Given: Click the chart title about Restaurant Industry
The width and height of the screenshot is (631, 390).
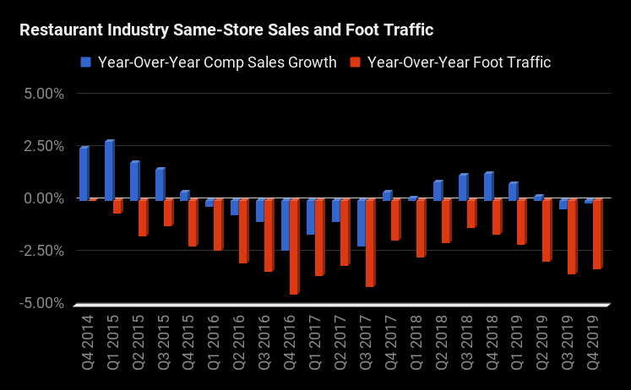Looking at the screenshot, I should pos(226,31).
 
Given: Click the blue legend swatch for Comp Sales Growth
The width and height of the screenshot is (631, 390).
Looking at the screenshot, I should pos(86,62).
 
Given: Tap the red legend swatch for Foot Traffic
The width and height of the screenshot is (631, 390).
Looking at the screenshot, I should pos(356,62).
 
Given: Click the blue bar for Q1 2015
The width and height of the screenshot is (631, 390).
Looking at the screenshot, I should pos(109,171).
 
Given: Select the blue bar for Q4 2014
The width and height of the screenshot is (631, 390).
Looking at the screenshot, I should pos(84,174).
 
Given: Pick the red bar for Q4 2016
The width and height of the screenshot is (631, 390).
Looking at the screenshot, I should pos(294,246).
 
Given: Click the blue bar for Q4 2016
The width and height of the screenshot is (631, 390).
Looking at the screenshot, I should pos(286,225).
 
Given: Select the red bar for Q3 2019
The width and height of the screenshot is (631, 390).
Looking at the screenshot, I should pos(572,237).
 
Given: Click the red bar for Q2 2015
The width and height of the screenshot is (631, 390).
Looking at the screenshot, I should pos(143,218).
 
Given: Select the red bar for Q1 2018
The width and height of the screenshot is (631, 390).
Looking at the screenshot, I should pos(421,228).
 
